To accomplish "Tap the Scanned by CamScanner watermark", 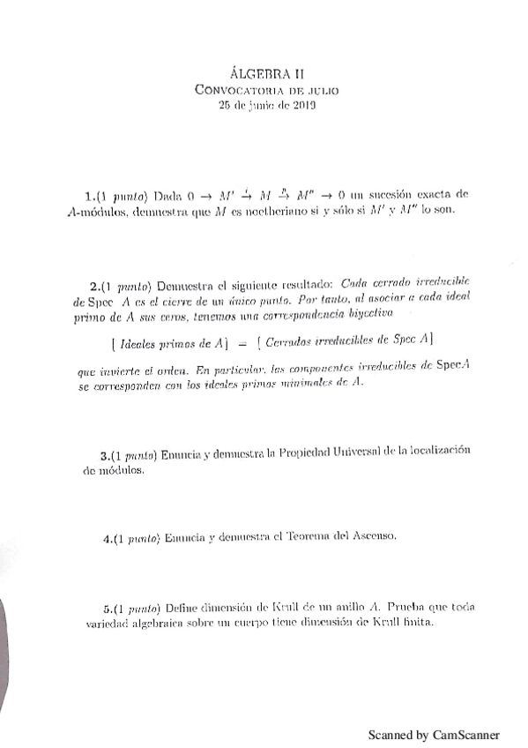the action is point(434,734).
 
